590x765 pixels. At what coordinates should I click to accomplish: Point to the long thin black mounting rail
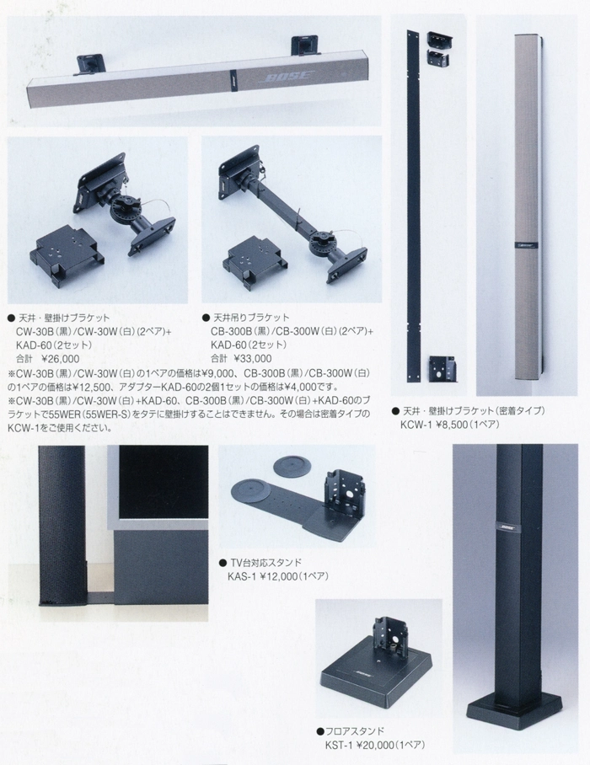point(412,185)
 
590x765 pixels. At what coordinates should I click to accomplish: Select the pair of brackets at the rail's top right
point(440,49)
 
